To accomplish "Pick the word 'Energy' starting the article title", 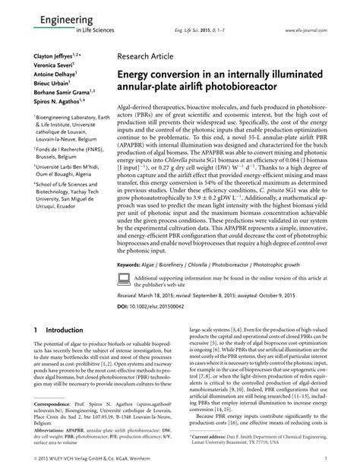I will pos(137,78).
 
